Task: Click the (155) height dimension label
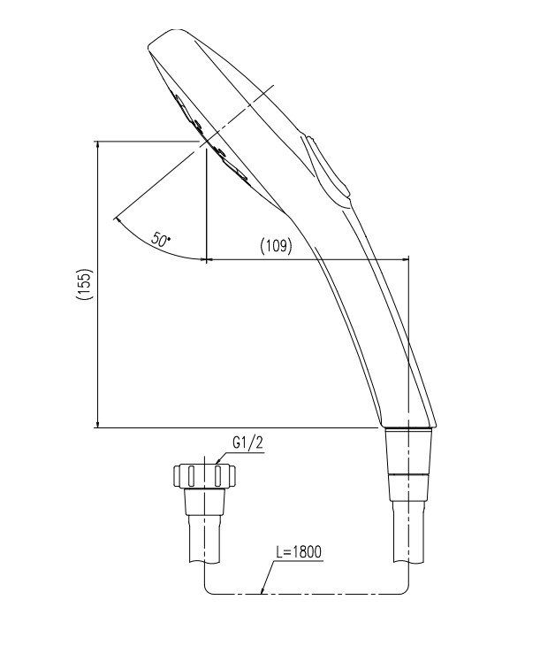pos(85,284)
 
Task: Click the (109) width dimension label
pos(276,246)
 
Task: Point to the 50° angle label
pos(161,240)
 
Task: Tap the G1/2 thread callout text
pos(247,442)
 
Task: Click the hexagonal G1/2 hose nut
pos(204,476)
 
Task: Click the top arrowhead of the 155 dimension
pos(97,145)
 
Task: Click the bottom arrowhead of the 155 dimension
pos(97,423)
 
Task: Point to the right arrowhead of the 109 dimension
pos(405,259)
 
